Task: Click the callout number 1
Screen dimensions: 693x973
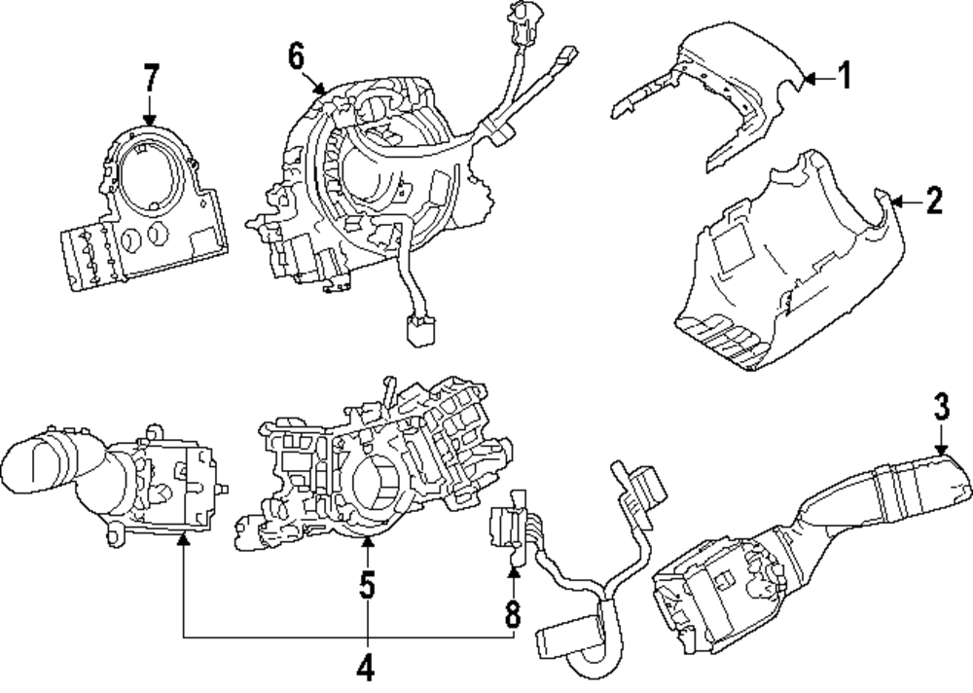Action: point(845,75)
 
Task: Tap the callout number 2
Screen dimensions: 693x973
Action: point(934,201)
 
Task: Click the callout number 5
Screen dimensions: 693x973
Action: point(367,586)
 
